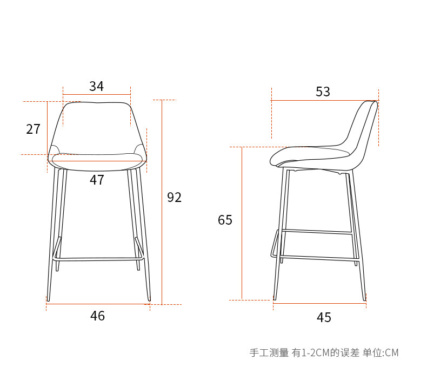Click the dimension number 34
97,86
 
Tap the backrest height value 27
34,129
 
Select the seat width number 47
97,180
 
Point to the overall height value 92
174,198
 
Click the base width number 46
97,316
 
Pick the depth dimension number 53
323,92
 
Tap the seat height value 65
225,220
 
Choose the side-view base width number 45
324,317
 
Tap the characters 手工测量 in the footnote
269,353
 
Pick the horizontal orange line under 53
324,100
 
